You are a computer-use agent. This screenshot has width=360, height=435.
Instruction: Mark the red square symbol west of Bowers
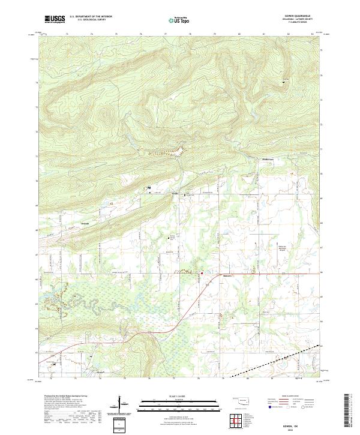coord(202,274)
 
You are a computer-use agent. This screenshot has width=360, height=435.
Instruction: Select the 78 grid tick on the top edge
coord(190,34)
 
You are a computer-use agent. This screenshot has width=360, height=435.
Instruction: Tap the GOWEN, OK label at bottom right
coord(292,421)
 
